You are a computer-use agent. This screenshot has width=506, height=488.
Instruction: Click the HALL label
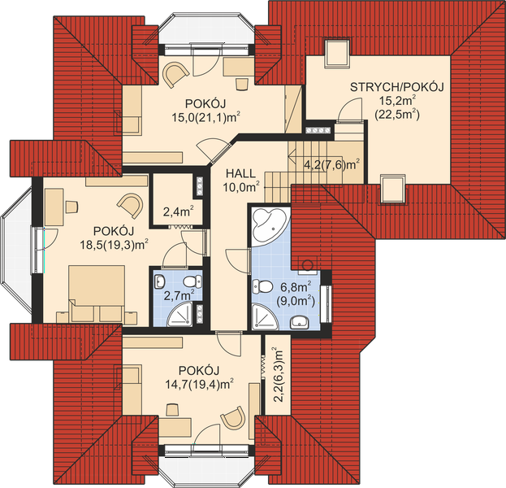(x=240, y=173)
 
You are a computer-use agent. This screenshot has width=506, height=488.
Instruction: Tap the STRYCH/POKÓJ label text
(x=397, y=87)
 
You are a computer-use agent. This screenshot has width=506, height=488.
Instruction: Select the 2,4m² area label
(x=178, y=211)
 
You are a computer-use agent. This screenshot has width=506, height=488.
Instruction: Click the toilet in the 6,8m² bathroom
(x=262, y=286)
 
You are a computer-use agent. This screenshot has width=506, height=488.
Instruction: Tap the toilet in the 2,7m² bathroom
(x=192, y=281)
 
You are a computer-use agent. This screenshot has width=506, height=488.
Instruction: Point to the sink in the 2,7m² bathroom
(x=159, y=281)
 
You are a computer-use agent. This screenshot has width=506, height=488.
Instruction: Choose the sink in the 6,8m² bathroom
(x=300, y=322)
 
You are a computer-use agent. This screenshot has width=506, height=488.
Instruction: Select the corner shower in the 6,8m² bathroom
(x=265, y=316)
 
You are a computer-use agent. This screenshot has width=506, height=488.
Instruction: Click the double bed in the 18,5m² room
(x=97, y=294)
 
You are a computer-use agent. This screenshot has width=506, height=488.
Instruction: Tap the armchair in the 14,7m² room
(x=233, y=417)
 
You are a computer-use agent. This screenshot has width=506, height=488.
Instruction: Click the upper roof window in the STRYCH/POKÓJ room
(x=337, y=54)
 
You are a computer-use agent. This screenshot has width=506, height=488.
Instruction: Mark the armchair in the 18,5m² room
(x=131, y=205)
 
